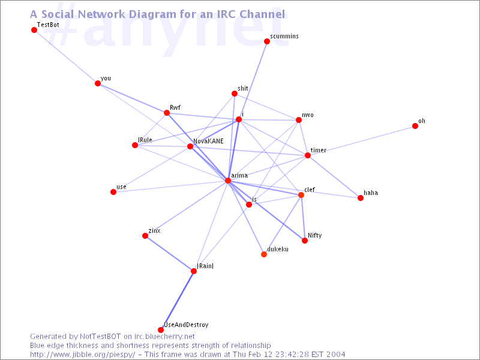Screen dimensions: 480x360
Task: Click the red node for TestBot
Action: [x=34, y=30]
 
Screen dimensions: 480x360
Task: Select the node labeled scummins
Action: [x=267, y=41]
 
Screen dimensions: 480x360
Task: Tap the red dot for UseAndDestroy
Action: [x=161, y=329]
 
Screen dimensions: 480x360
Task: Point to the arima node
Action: [x=228, y=181]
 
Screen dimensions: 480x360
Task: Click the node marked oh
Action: [x=415, y=126]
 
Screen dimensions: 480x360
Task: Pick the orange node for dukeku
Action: [x=264, y=254]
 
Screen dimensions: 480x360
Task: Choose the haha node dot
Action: [x=361, y=198]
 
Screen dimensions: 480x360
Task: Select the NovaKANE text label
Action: [x=208, y=141]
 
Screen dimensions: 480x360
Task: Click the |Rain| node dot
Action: [x=194, y=271]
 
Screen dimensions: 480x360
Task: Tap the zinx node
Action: [x=145, y=236]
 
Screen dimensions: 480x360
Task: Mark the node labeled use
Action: [x=113, y=192]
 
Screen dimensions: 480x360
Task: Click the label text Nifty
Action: [x=314, y=235]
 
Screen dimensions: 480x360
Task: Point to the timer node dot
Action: [x=308, y=155]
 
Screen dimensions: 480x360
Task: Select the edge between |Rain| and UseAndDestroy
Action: [x=177, y=301]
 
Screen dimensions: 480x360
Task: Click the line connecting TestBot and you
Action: [x=66, y=56]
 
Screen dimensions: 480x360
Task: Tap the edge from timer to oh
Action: [x=361, y=141]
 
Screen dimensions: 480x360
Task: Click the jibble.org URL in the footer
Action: [x=82, y=355]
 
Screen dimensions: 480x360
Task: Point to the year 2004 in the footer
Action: [x=335, y=355]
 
